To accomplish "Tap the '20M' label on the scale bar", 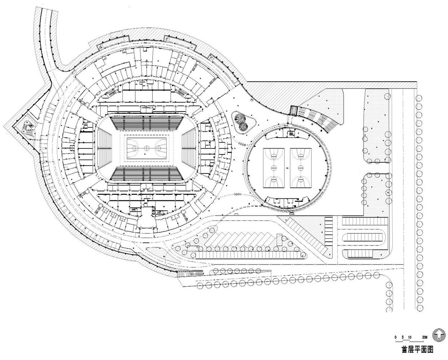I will tap(424, 336).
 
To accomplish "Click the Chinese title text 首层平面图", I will tap(417, 350).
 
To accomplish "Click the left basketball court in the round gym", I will tap(274, 168).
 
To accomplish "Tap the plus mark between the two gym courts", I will tap(287, 169).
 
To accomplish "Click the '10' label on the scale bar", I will tap(410, 336).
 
